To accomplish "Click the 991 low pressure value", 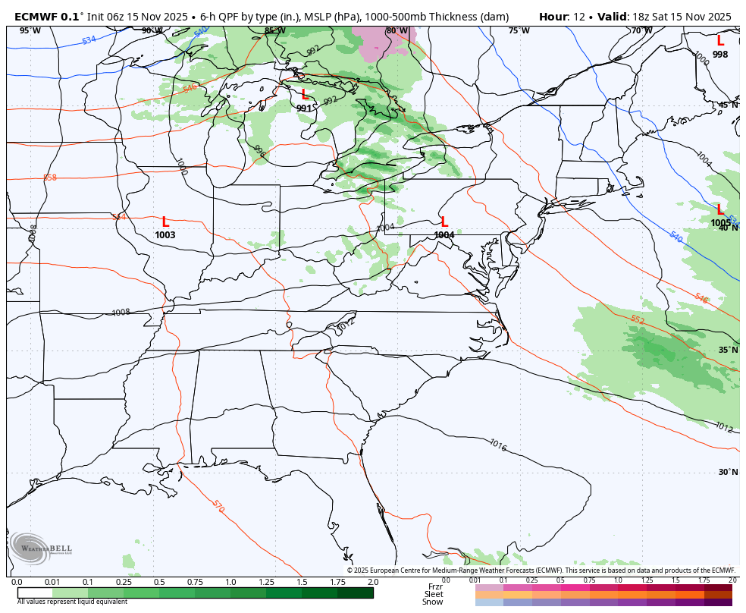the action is (303, 108).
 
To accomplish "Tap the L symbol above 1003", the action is (165, 222).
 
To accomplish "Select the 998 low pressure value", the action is (719, 55).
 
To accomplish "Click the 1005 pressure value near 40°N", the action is (720, 223).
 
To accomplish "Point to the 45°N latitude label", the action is (728, 105).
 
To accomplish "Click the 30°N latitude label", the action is (728, 472).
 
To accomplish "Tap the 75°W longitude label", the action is (519, 31).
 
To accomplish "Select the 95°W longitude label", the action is (30, 31).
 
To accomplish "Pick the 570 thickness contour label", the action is (218, 505).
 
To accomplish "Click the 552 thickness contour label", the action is (637, 320).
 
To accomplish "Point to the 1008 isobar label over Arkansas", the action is (121, 313).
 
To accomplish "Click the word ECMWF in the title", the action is (36, 17).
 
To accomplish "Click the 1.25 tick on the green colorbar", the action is (266, 582).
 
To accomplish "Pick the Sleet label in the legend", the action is (434, 594).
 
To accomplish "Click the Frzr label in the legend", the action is (435, 586).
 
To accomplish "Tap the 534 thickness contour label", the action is (89, 39).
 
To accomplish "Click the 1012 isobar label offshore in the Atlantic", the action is (723, 428).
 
